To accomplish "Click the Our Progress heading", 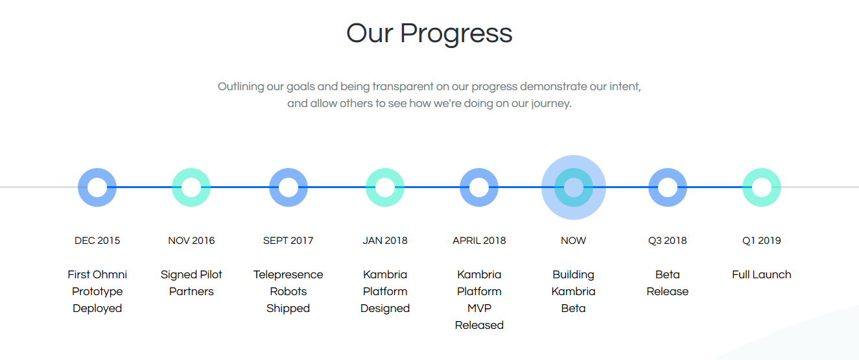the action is click(429, 34).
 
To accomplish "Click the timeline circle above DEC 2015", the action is click(83, 187).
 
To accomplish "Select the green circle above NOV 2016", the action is click(177, 187).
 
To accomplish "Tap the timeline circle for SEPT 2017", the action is click(274, 187).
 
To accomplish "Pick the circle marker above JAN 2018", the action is click(371, 187).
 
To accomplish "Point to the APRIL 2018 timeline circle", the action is click(465, 187).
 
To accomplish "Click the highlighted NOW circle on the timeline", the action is click(559, 187).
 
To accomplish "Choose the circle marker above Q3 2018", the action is click(653, 187).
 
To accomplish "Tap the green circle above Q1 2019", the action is click(747, 187).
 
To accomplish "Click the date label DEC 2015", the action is click(97, 241).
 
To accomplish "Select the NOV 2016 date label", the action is click(191, 241).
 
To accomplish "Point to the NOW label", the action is click(573, 241).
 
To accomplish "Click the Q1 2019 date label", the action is click(762, 241).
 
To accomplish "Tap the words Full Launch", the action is click(762, 275).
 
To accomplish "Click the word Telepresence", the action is click(288, 275).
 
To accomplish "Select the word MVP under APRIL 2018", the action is click(479, 308).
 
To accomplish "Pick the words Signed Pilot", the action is click(191, 275).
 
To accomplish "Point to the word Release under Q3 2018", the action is click(667, 292).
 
